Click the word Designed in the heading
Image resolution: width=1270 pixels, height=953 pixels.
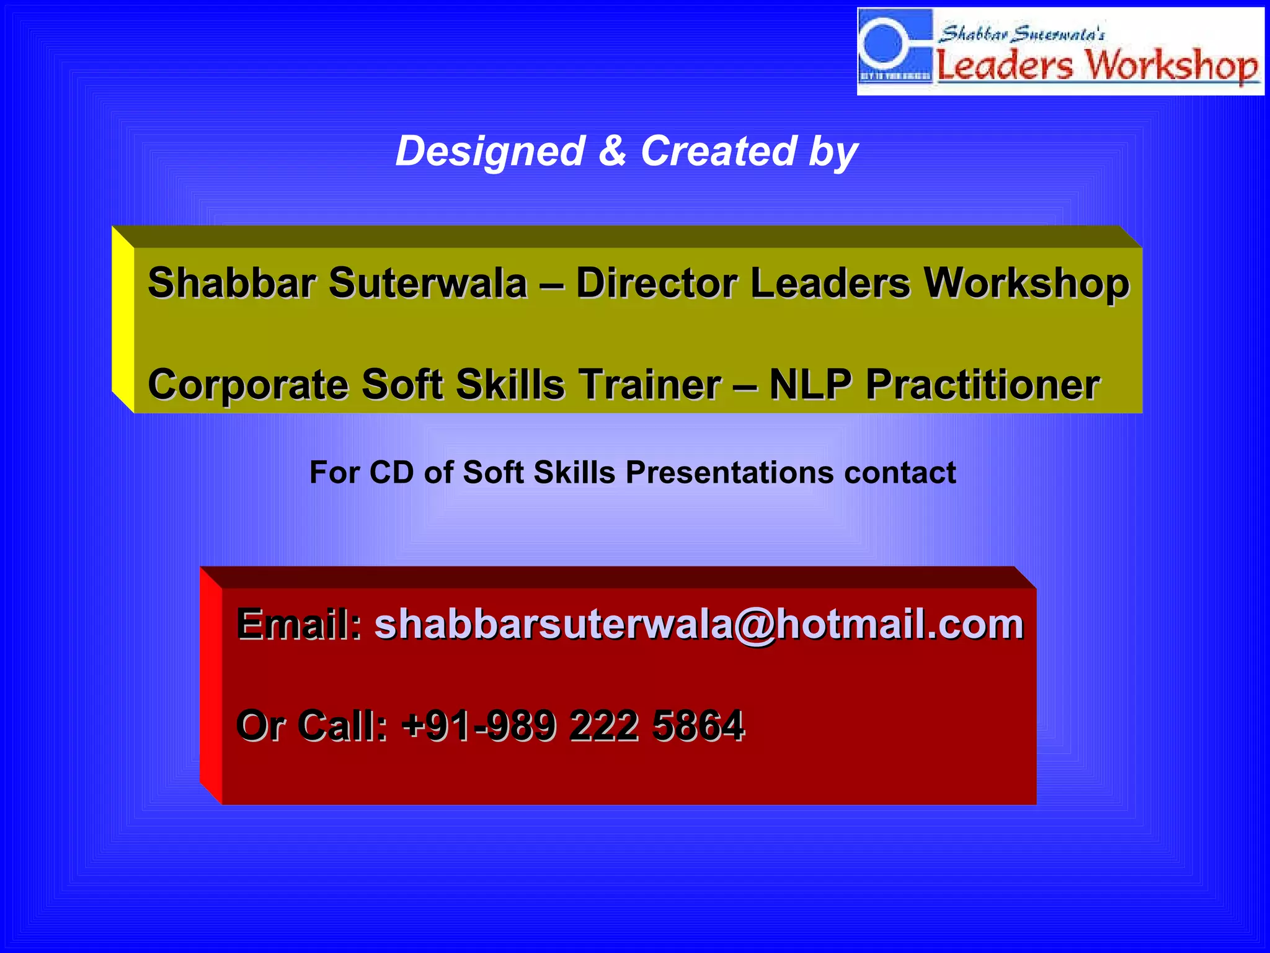tap(490, 152)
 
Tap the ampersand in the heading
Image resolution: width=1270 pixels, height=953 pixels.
tap(613, 151)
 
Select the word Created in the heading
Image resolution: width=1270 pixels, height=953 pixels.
tap(718, 151)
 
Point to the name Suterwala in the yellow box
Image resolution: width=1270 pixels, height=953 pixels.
tap(427, 283)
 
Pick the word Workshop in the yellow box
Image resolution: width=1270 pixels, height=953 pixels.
tap(1026, 284)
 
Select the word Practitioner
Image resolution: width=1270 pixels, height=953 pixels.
tap(982, 385)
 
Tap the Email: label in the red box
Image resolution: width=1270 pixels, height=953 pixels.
tap(300, 624)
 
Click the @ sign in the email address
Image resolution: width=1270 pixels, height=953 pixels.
tap(754, 624)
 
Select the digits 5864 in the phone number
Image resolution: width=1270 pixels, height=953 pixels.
tap(698, 725)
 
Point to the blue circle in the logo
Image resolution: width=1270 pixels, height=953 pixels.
tap(883, 43)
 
